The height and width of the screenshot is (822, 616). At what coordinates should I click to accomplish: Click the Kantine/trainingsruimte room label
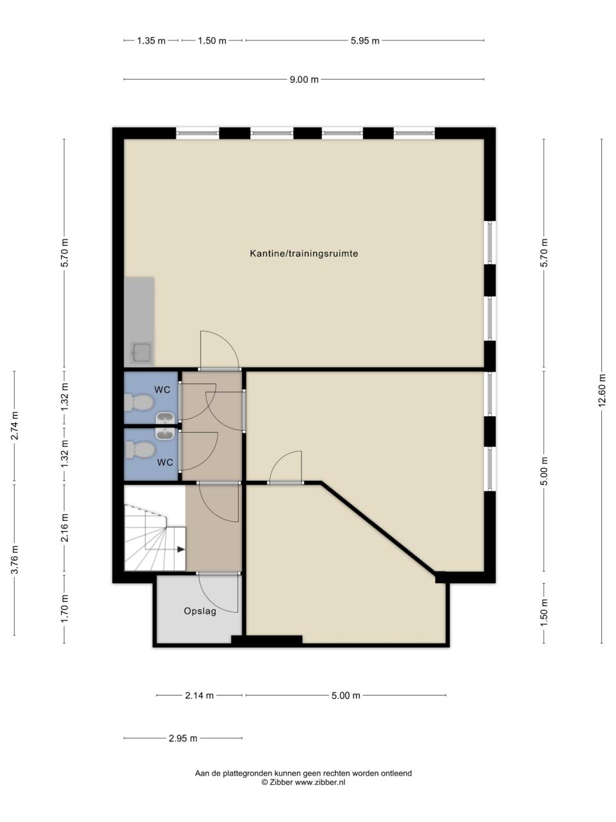304,254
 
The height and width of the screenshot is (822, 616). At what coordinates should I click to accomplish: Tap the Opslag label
200,611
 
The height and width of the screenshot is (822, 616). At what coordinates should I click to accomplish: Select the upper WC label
162,390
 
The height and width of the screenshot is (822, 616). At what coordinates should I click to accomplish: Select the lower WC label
165,462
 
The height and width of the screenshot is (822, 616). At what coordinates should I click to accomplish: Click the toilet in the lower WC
139,450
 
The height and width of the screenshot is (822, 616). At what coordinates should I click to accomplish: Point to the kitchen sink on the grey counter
141,352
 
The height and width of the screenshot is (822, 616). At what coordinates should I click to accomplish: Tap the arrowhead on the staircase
181,549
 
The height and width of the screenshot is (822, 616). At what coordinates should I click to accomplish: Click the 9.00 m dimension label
304,80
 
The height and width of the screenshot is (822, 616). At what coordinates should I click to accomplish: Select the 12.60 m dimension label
601,390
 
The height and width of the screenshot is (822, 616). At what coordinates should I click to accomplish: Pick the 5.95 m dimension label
364,40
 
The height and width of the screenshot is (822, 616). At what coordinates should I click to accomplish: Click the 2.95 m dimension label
183,739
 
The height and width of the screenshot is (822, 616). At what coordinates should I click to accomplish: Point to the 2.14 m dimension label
200,695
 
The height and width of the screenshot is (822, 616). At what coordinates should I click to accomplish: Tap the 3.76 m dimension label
14,559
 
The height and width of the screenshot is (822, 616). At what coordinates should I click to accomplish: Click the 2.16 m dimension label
65,528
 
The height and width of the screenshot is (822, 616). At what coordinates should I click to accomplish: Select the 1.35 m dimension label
151,40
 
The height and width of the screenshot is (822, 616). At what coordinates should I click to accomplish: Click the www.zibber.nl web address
320,782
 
